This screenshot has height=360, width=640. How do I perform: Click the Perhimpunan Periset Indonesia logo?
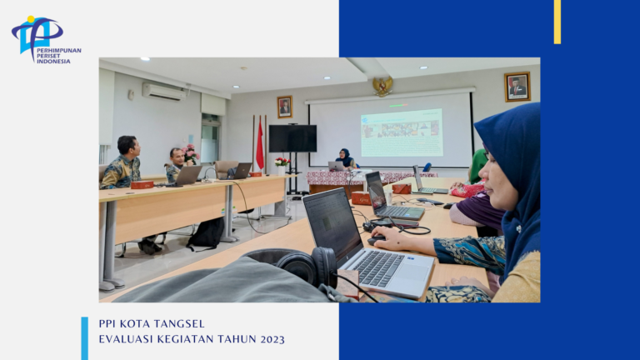pyautogui.click(x=46, y=40)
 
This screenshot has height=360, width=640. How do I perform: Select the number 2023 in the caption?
pyautogui.click(x=272, y=339)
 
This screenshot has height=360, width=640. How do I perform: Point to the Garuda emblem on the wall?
pyautogui.click(x=382, y=86)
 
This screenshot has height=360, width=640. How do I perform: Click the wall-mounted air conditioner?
pyautogui.click(x=164, y=92)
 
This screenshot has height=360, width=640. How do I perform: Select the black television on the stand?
pyautogui.click(x=292, y=139)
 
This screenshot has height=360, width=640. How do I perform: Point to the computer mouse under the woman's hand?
pyautogui.click(x=376, y=241)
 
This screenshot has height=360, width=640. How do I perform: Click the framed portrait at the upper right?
pyautogui.click(x=517, y=87)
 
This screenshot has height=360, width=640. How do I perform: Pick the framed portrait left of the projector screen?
pyautogui.click(x=284, y=107)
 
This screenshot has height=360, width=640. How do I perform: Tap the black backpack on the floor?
pyautogui.click(x=207, y=234)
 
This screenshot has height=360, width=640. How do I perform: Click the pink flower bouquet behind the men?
pyautogui.click(x=190, y=153)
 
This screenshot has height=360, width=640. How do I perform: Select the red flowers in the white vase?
pyautogui.click(x=282, y=162)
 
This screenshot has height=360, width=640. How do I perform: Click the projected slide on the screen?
pyautogui.click(x=402, y=132)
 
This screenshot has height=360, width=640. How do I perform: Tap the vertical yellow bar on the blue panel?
pyautogui.click(x=557, y=22)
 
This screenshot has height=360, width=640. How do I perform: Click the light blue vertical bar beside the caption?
pyautogui.click(x=84, y=338)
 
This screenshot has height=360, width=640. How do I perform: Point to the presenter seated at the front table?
pyautogui.click(x=346, y=158)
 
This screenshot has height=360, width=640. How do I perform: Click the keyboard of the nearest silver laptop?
pyautogui.click(x=378, y=268)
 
